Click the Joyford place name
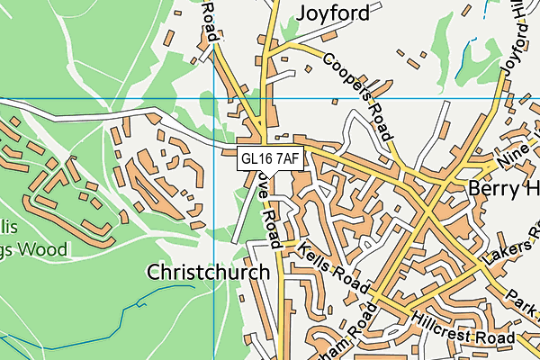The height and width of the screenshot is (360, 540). coord(332,13)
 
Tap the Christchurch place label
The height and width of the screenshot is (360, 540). coord(209,272)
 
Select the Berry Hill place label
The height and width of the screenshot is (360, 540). coord(503,189)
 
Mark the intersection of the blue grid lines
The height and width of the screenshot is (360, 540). coord(213,96)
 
